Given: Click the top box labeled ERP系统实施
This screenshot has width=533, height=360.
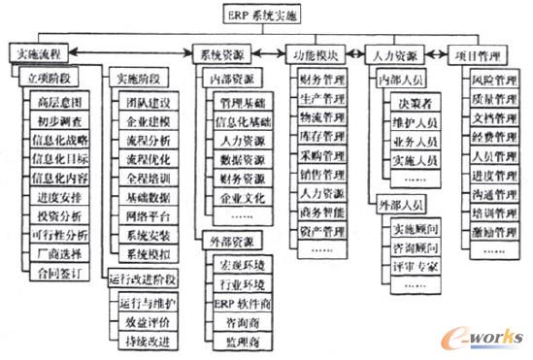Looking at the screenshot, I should tap(265, 14).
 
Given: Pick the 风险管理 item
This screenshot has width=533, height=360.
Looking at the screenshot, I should tap(496, 81).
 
